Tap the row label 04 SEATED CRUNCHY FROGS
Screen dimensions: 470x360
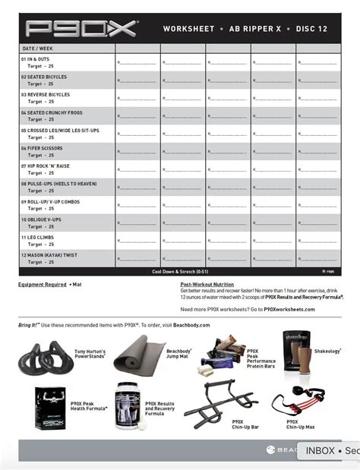tap(54, 112)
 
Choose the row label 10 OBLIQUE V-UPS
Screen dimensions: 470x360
tap(43, 219)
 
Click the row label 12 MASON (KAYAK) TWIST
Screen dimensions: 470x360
tap(49, 255)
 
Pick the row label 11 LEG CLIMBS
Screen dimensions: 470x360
tap(38, 237)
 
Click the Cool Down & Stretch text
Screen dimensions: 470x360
tap(180, 271)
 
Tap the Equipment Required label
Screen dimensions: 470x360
tap(43, 285)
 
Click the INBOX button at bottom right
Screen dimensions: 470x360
tap(320, 450)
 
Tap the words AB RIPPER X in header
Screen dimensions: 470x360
tap(254, 30)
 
